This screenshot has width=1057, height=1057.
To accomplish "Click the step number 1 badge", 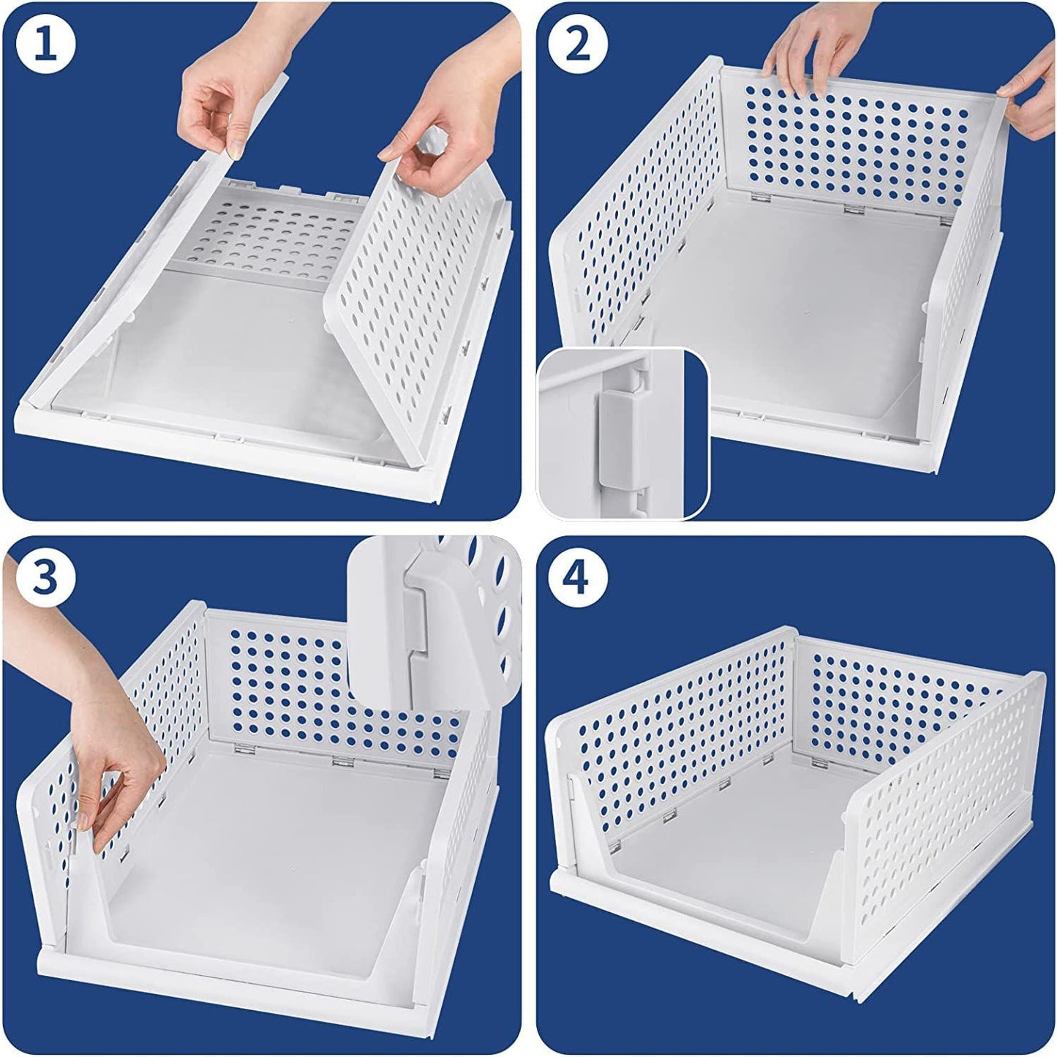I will tap(45, 45).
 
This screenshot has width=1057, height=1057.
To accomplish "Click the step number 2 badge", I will tap(578, 45).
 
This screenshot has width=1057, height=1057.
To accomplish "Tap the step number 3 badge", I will tap(45, 578).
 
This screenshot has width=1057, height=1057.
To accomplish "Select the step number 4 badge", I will tap(578, 578).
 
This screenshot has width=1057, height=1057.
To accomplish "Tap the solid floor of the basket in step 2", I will tap(797, 307).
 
